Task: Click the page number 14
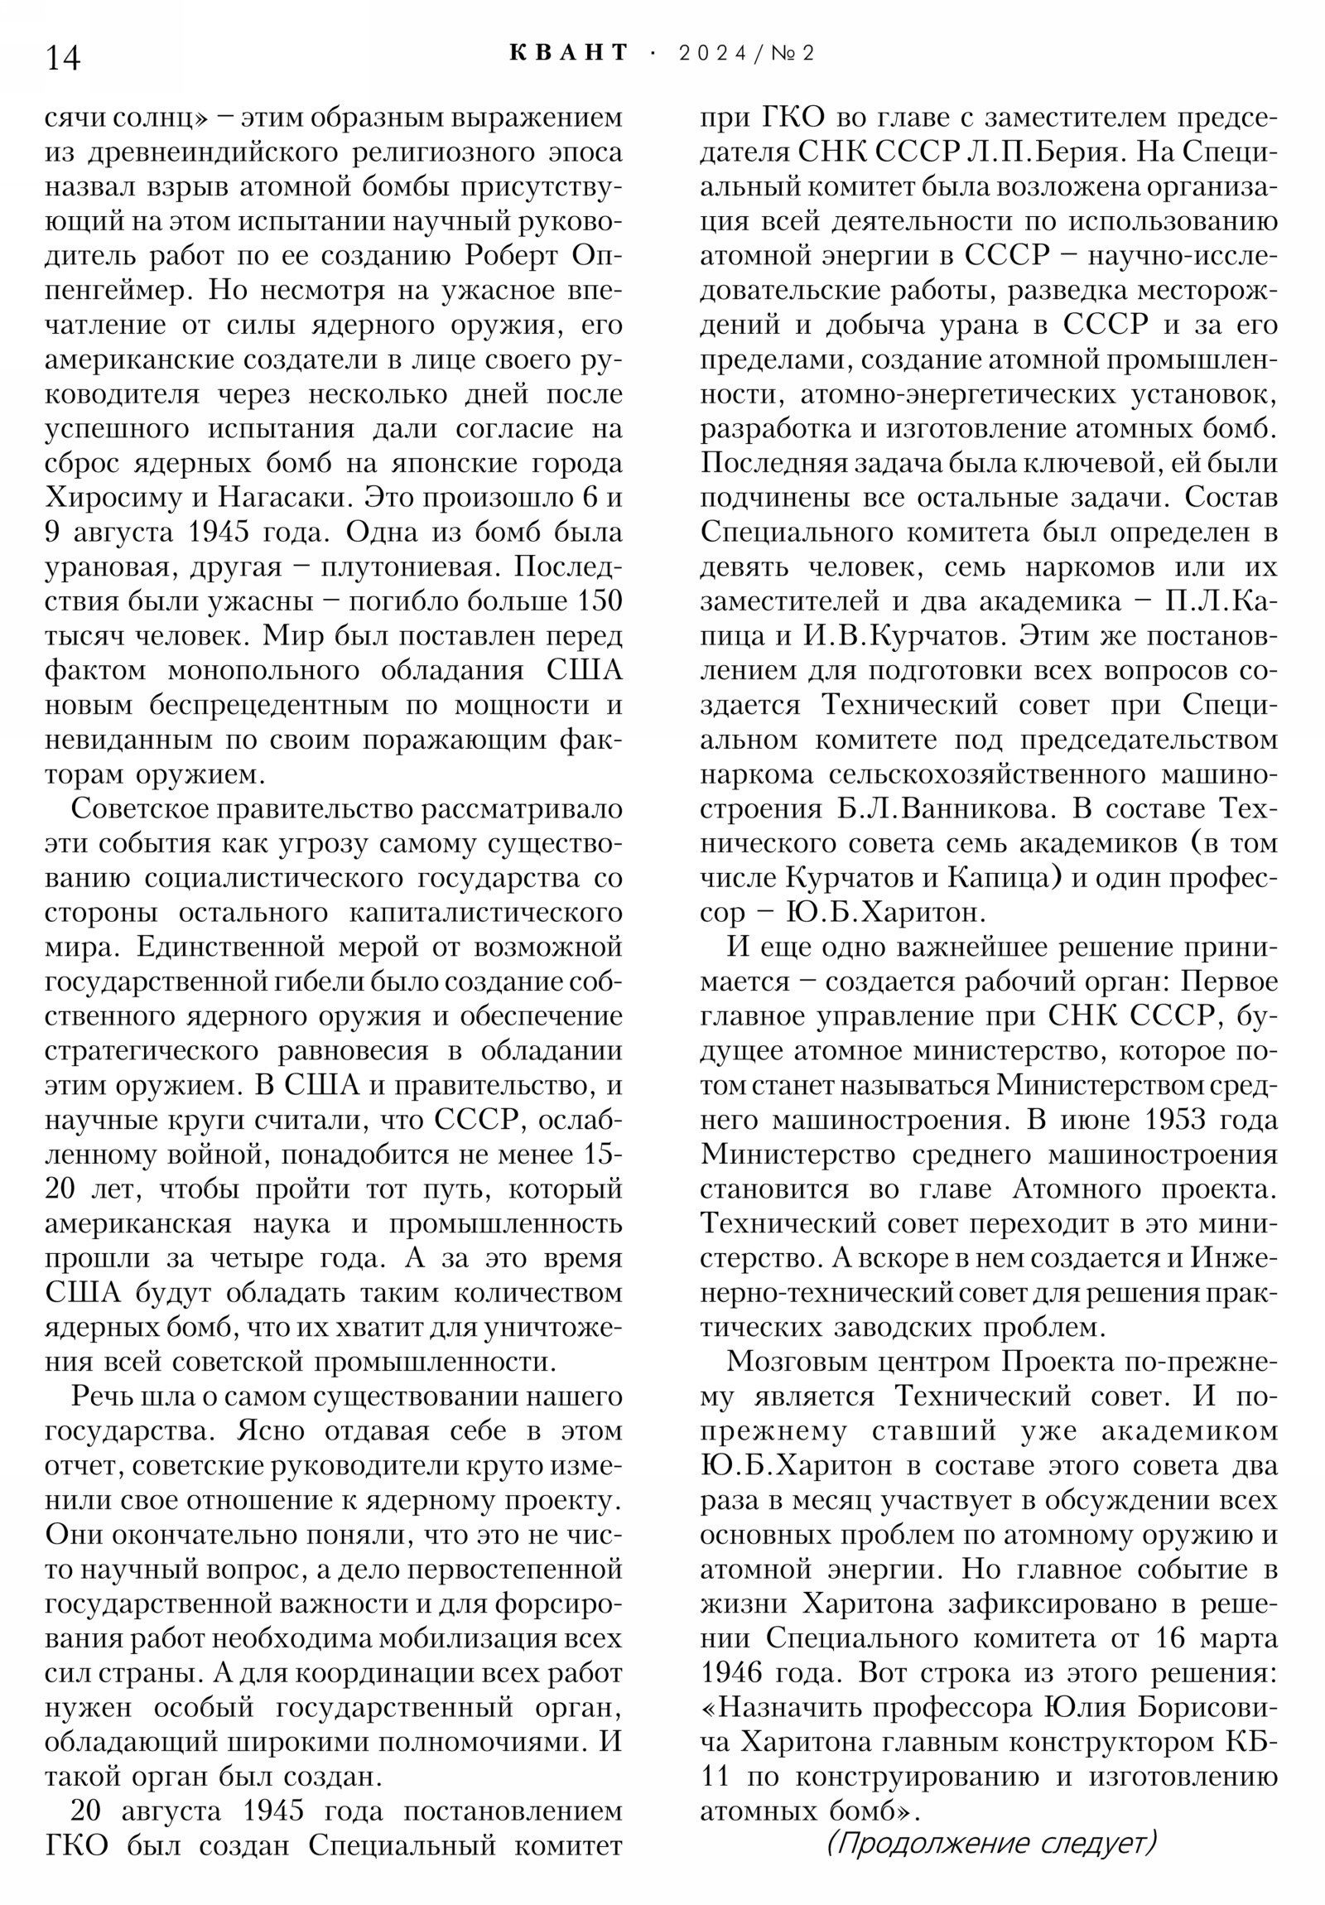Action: click(x=62, y=59)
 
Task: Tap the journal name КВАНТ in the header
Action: click(x=569, y=53)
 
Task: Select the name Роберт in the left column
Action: click(x=511, y=256)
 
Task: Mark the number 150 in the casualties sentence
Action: click(x=599, y=600)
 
